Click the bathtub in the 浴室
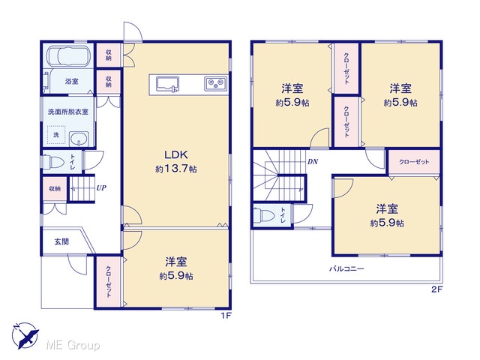click(69, 55)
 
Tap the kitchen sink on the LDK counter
click(168, 83)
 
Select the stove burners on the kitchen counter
click(216, 83)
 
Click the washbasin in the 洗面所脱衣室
click(79, 139)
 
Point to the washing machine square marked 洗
click(56, 135)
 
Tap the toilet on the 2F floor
click(264, 216)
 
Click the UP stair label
click(101, 187)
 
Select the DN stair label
click(313, 162)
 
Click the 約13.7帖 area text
click(176, 169)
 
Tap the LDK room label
click(176, 154)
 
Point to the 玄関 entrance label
click(61, 241)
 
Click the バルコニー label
click(346, 269)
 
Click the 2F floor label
click(437, 289)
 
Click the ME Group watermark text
click(73, 345)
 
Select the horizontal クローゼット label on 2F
click(414, 162)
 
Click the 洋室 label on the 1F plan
click(176, 262)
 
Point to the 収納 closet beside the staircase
click(55, 188)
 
